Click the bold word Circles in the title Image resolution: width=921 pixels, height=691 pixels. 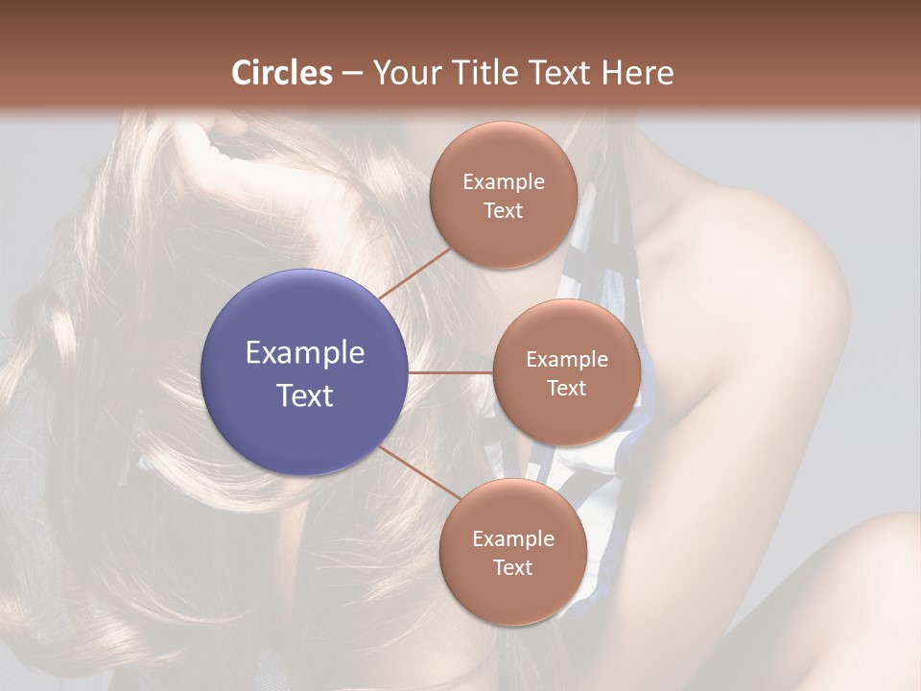[x=282, y=73]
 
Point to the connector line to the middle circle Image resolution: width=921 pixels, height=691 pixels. [x=451, y=372]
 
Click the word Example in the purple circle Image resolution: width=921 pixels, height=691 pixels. [x=305, y=353]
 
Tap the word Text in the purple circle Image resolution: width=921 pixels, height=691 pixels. [x=305, y=395]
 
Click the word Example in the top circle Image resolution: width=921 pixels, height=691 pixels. [x=503, y=182]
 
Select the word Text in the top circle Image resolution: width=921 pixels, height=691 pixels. [x=503, y=210]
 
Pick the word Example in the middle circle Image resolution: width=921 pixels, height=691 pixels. [x=567, y=360]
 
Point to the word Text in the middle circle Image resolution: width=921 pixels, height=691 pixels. [x=567, y=388]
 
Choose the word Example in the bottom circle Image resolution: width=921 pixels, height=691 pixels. [x=512, y=539]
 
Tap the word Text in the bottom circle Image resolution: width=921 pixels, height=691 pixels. [x=512, y=567]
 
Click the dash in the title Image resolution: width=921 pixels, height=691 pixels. [x=352, y=74]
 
